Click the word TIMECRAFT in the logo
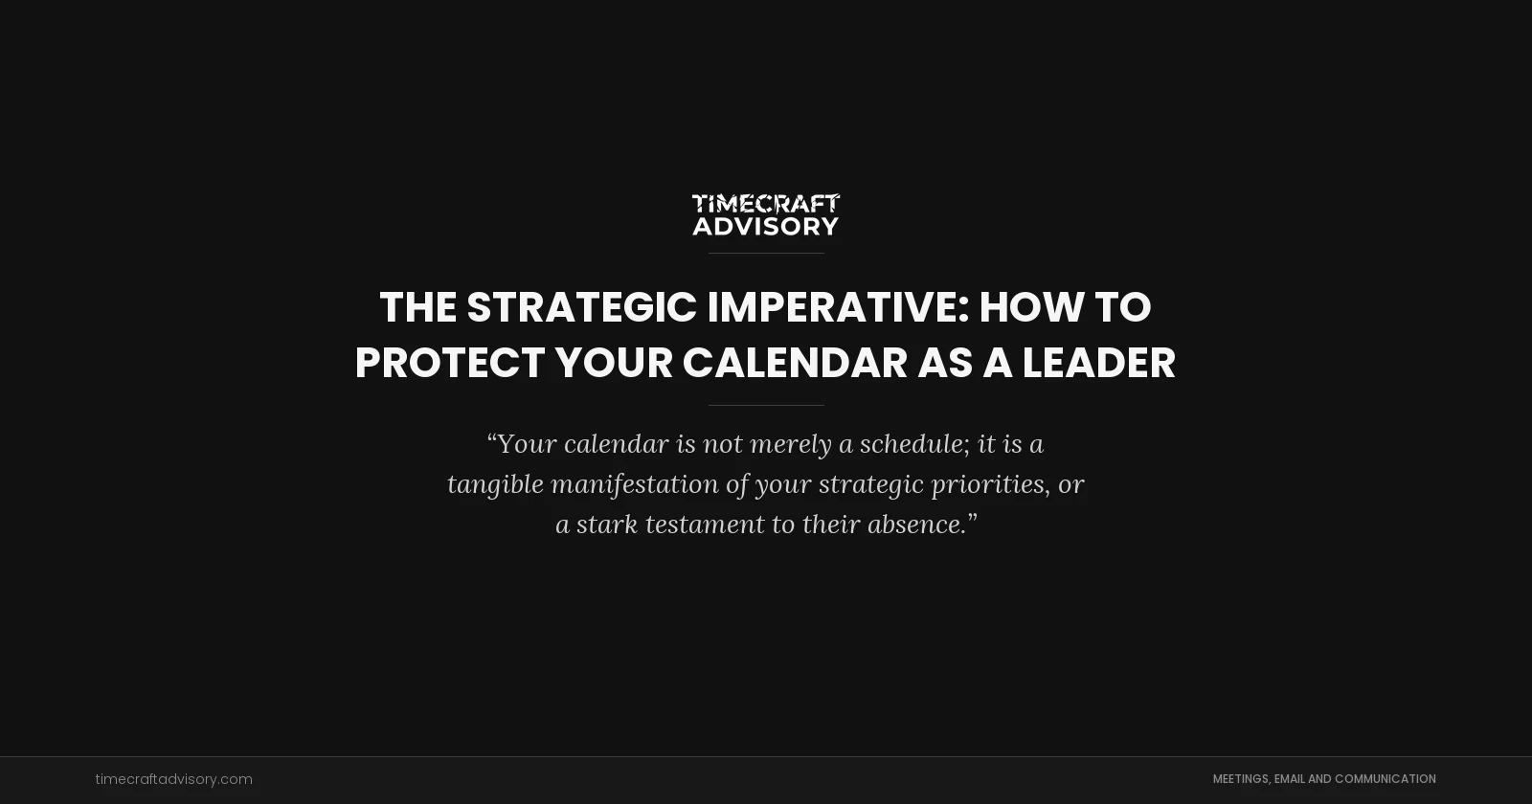(x=766, y=203)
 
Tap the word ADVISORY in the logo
(x=766, y=226)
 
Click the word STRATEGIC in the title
(x=581, y=307)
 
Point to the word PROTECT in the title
(x=450, y=363)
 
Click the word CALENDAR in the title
(x=795, y=363)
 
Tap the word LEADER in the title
(x=1098, y=363)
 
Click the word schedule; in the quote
(x=914, y=444)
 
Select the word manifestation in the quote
(x=635, y=484)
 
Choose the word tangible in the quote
(x=495, y=484)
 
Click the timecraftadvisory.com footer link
(x=173, y=779)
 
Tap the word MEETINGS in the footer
(x=1241, y=779)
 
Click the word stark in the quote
(x=606, y=525)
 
